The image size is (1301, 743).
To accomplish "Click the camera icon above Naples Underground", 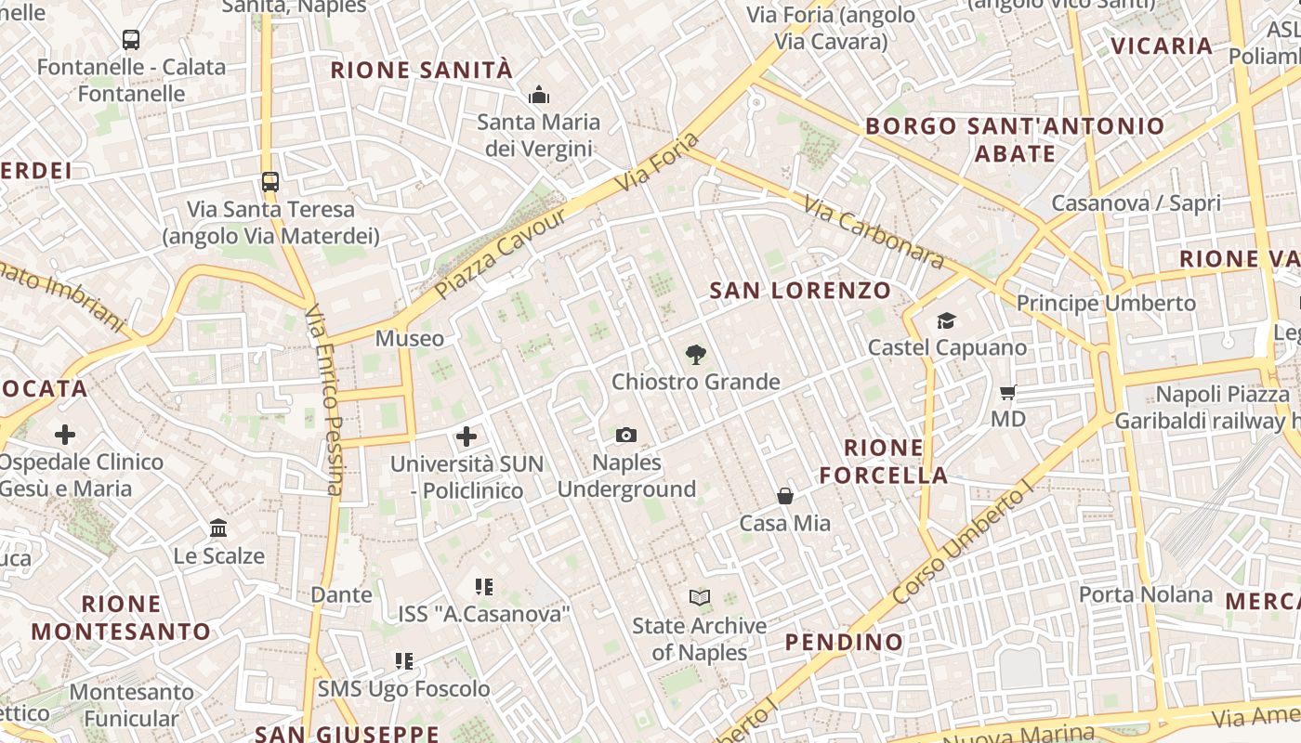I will (x=626, y=435).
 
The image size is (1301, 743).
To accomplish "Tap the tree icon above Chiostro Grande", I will (x=694, y=354).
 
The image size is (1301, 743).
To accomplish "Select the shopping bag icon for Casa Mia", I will (x=785, y=496).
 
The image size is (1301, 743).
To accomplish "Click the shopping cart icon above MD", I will (x=1008, y=392).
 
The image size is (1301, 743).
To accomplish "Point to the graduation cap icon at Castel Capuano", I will (x=946, y=320).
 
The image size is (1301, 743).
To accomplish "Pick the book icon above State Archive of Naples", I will (x=700, y=597).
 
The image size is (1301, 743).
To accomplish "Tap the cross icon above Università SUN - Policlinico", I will (x=467, y=436).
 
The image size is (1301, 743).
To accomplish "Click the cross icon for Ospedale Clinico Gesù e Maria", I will (x=65, y=434).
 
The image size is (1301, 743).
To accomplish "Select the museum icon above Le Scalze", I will (x=218, y=528).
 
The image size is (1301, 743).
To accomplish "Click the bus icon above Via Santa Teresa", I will (x=270, y=181).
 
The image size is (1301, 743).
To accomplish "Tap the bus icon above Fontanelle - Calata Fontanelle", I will (x=131, y=39).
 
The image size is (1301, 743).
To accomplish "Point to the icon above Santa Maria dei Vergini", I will (x=538, y=95).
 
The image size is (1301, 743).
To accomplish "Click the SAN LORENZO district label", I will (x=800, y=291).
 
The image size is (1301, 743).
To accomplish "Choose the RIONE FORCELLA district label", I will (x=883, y=462).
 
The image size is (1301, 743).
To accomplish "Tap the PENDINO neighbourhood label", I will (x=844, y=642).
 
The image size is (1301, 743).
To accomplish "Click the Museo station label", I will (x=410, y=339).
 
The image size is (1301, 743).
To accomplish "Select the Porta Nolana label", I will (x=1146, y=594).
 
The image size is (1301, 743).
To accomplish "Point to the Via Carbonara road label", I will (x=874, y=232).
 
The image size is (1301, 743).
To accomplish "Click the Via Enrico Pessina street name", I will (x=322, y=399).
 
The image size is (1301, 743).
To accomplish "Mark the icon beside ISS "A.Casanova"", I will (x=483, y=587).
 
